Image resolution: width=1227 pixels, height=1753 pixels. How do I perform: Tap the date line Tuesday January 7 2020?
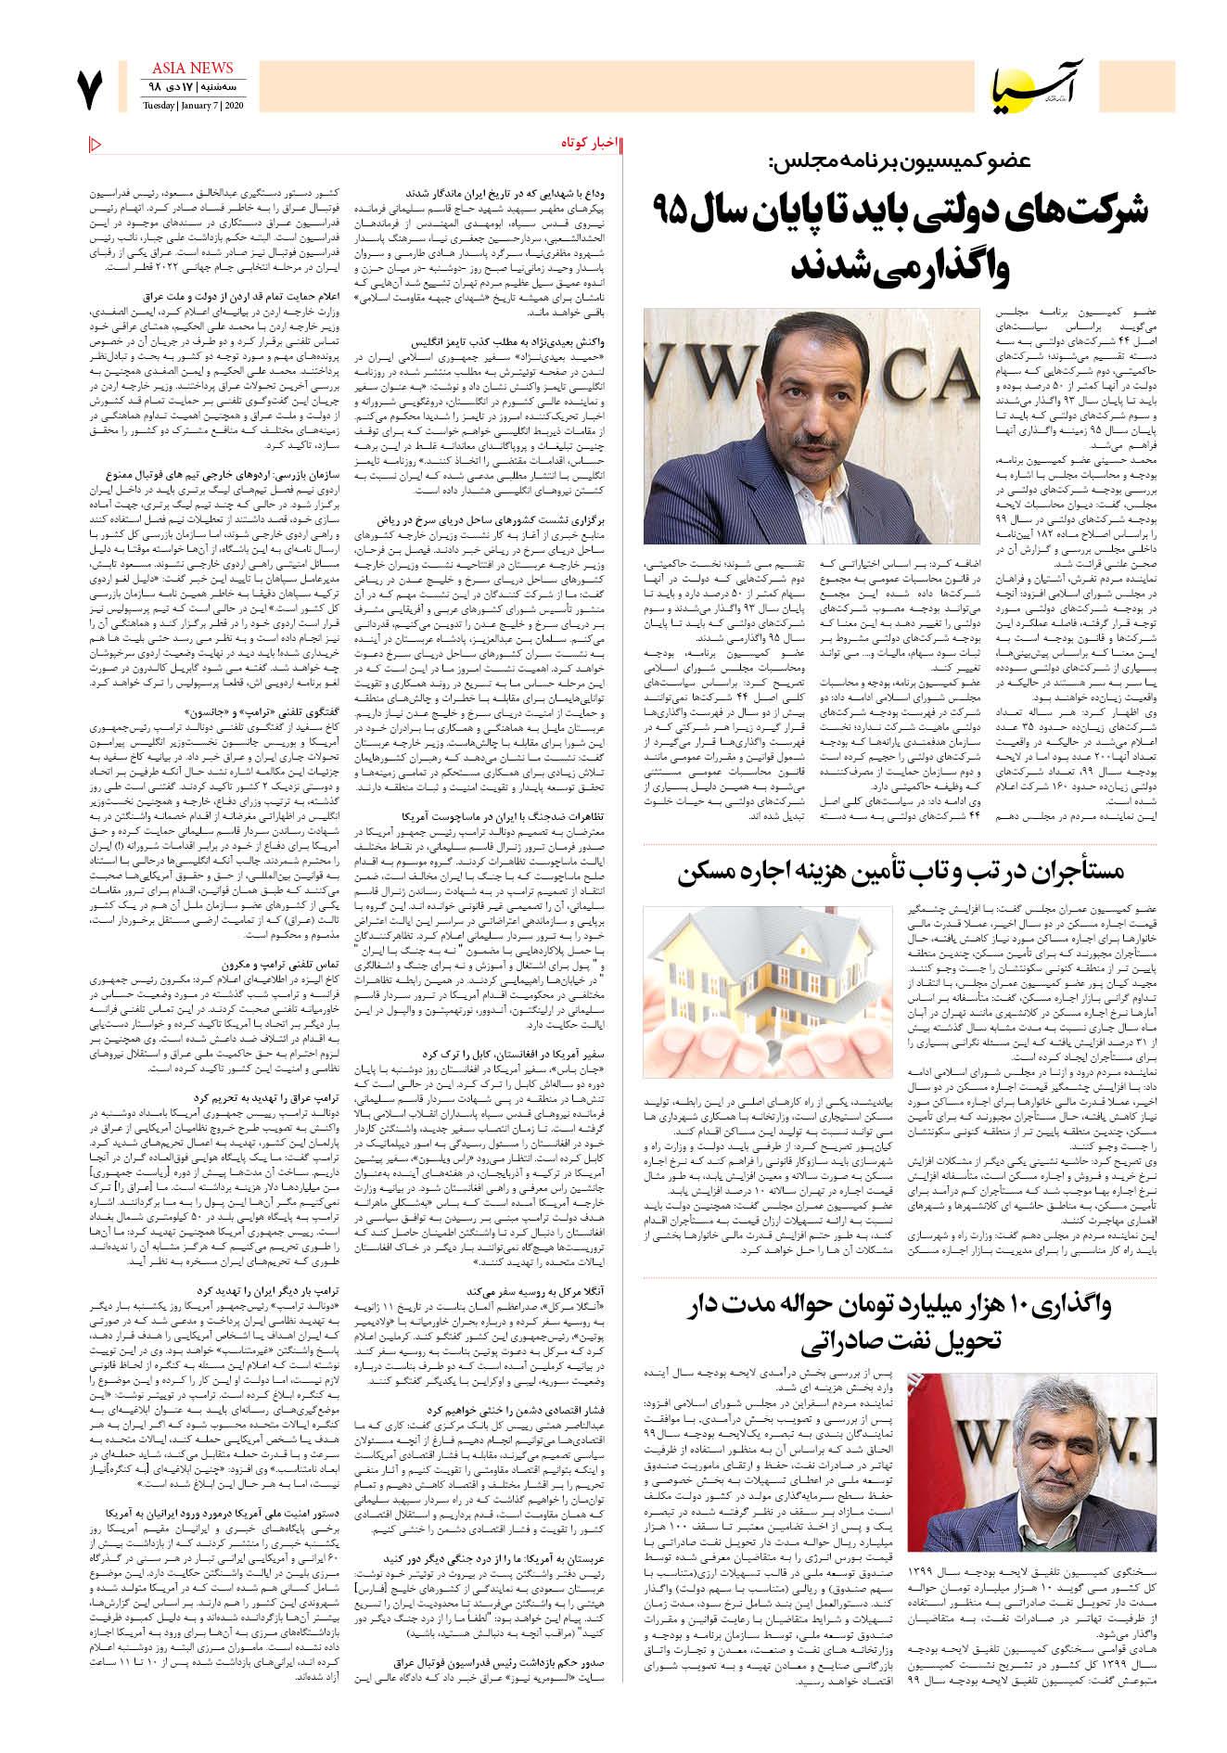(x=188, y=104)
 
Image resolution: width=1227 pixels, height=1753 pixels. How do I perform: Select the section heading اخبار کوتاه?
(x=588, y=143)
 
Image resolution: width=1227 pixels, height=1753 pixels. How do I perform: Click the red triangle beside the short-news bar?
(x=96, y=143)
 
